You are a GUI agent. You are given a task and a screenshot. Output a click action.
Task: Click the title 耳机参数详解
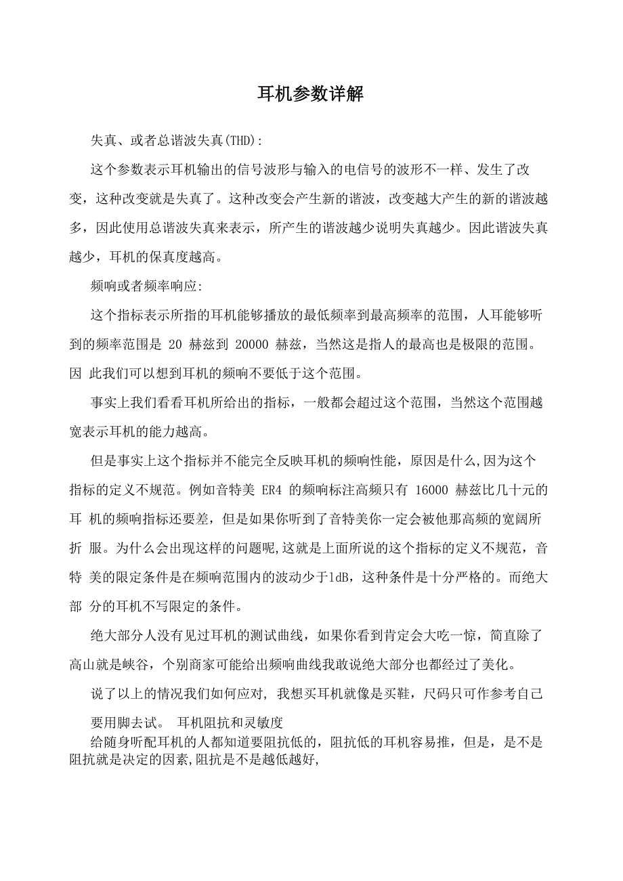[x=311, y=94]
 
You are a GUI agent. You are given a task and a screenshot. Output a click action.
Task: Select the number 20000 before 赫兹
[x=253, y=345]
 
